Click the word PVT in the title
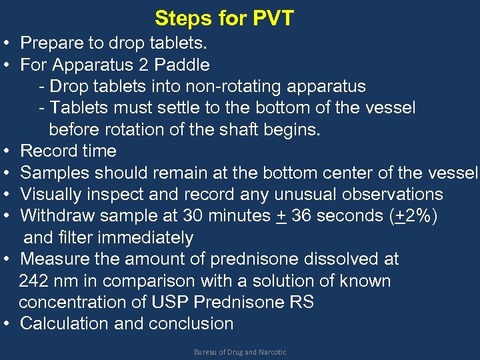273,18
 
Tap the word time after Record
98,151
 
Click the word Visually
53,194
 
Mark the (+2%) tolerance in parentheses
413,216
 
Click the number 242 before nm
35,281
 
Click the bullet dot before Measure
5,259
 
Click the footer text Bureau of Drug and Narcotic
239,352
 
